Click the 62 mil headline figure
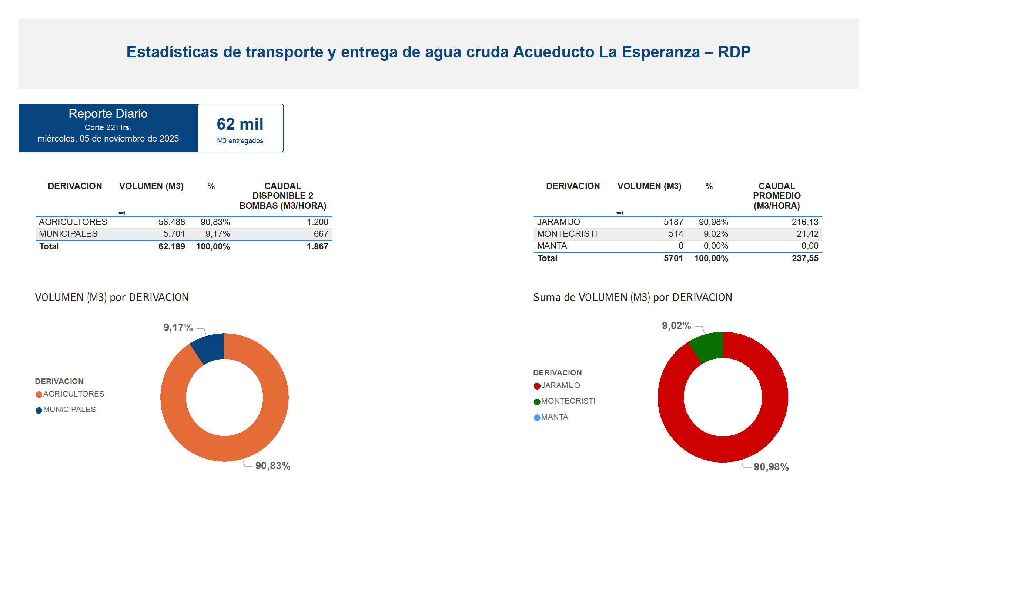pyautogui.click(x=240, y=124)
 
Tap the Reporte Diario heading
pyautogui.click(x=108, y=113)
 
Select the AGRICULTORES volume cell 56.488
pyautogui.click(x=171, y=222)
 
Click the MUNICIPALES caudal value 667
pyautogui.click(x=321, y=234)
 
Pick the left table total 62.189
pyautogui.click(x=171, y=246)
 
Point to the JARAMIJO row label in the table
pyautogui.click(x=558, y=222)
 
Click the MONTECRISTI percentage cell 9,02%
pyautogui.click(x=716, y=234)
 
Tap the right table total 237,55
pyautogui.click(x=804, y=258)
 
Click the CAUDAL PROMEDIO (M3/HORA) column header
pyautogui.click(x=777, y=196)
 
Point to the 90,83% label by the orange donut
pyautogui.click(x=273, y=466)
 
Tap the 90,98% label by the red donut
pyautogui.click(x=771, y=467)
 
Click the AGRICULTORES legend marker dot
pyautogui.click(x=39, y=394)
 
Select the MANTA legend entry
pyautogui.click(x=554, y=417)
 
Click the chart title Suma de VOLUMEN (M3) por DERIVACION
pyautogui.click(x=632, y=297)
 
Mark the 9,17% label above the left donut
pyautogui.click(x=178, y=327)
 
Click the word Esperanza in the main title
pyautogui.click(x=661, y=52)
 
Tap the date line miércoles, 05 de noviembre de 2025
pyautogui.click(x=108, y=139)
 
